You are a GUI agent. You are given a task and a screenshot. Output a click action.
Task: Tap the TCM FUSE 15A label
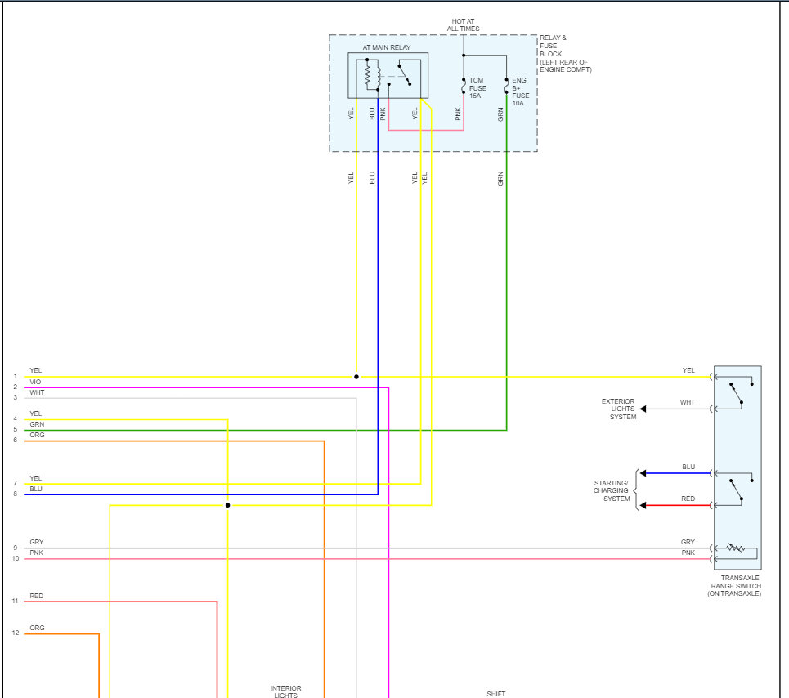coord(477,88)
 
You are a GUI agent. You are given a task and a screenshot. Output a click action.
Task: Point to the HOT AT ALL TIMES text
coord(463,25)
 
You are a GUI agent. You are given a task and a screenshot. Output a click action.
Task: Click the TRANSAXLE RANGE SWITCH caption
coord(734,585)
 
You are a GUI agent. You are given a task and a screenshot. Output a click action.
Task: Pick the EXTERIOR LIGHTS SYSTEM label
coord(618,409)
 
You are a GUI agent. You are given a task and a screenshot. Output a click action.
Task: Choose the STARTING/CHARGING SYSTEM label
coord(611,490)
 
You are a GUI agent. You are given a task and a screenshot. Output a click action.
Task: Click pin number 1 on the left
coord(15,377)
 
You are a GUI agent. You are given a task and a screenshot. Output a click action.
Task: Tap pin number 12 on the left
coord(15,633)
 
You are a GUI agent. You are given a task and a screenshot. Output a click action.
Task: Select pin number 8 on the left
coord(15,494)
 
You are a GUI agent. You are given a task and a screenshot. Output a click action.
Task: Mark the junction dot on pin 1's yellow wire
coord(356,377)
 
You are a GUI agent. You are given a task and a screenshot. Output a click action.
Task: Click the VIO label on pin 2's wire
coord(35,382)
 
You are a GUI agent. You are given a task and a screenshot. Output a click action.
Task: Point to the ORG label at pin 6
coord(37,436)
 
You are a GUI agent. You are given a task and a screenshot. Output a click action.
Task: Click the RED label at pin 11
coord(36,597)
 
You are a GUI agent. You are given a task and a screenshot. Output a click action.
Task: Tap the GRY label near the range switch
coord(688,543)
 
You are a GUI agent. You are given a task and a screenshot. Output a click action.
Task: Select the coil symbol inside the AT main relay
coord(368,76)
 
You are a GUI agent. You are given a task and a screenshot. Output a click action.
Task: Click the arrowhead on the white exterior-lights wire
coord(643,409)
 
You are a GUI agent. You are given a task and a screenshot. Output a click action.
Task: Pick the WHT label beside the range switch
coord(688,402)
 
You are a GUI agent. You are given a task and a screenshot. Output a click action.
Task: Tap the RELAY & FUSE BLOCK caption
coord(565,54)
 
